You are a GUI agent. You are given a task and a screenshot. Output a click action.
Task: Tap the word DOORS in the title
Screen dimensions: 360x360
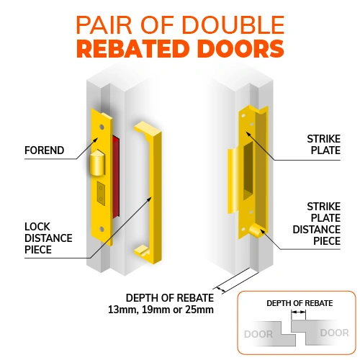pos(240,48)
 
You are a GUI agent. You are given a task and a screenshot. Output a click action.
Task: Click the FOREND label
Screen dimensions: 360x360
pos(45,150)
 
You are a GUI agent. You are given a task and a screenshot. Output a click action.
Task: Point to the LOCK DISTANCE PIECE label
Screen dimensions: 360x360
pos(48,238)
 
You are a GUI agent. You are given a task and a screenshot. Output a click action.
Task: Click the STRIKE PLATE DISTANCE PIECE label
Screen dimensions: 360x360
pos(317,224)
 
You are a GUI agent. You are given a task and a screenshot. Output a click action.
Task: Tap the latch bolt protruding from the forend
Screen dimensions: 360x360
pos(97,163)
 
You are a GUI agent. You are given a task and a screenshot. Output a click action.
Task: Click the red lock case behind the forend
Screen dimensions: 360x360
pos(116,176)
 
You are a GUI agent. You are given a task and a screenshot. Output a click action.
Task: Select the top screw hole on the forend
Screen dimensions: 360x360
pos(102,127)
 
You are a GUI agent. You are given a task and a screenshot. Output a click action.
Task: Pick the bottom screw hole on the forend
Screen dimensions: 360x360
pos(102,229)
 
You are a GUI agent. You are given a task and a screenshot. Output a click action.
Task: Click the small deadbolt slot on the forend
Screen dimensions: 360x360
pos(101,194)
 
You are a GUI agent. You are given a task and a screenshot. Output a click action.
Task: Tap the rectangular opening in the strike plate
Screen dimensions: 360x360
pos(248,171)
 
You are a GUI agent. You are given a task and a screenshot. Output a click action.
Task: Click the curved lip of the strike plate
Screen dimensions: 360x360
pos(233,181)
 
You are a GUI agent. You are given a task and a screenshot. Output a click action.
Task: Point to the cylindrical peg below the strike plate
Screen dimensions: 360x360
pos(256,230)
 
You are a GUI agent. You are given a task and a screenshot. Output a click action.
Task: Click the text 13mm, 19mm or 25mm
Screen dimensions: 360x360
pos(161,310)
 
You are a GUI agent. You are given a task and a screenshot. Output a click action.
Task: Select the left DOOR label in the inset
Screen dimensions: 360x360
pos(258,334)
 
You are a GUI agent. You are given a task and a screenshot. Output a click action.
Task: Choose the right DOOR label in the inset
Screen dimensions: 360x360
pos(335,333)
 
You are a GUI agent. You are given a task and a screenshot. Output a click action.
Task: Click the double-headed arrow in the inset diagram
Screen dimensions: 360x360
pos(298,312)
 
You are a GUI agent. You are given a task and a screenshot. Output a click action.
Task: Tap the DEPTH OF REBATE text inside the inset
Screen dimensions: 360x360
pos(300,303)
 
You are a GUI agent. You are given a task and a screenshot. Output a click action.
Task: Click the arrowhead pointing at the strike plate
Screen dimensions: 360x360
pos(248,134)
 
